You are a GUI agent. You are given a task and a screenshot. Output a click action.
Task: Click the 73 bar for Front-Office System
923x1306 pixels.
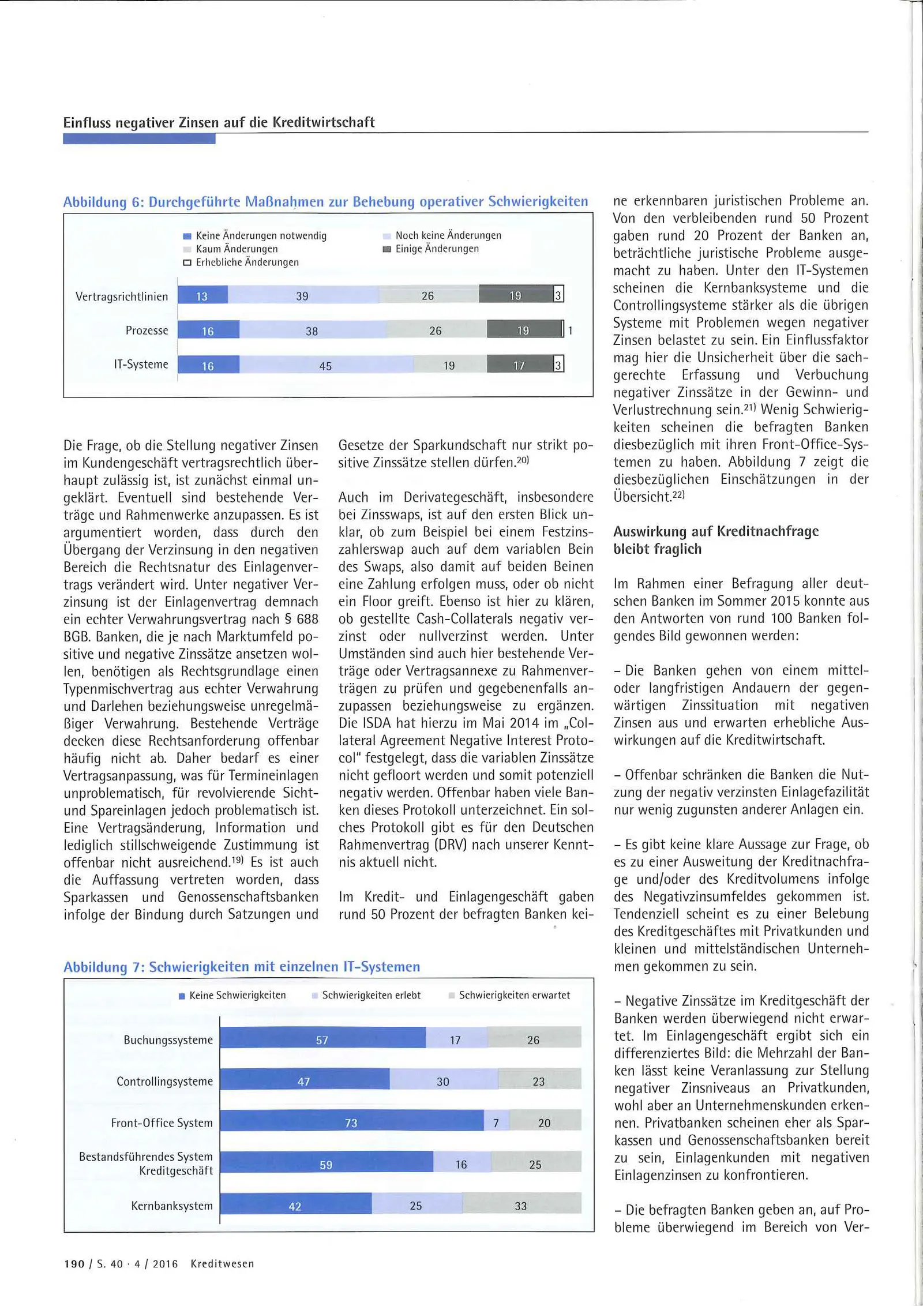(x=351, y=1123)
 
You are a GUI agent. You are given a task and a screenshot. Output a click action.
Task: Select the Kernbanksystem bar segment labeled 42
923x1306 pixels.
(x=295, y=1206)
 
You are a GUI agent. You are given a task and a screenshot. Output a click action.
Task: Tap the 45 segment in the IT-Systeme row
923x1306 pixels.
(x=326, y=366)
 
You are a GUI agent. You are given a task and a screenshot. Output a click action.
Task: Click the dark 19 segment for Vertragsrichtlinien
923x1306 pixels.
(x=515, y=295)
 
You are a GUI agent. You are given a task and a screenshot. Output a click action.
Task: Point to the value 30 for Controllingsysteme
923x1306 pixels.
(x=443, y=1081)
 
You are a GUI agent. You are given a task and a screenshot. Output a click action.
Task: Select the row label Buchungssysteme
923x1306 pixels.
(x=168, y=1039)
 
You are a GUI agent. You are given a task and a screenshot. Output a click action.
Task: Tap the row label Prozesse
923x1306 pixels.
(x=147, y=331)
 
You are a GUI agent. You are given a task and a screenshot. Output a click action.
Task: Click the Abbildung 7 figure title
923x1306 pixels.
(x=242, y=967)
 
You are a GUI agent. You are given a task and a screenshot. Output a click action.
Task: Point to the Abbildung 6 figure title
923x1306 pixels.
(x=325, y=202)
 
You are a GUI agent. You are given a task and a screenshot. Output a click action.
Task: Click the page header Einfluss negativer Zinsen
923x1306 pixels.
(x=219, y=122)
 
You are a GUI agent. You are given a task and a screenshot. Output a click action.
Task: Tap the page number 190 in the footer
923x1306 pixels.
(x=74, y=1264)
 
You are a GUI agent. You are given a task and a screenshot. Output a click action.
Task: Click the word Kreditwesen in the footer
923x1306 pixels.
(x=222, y=1264)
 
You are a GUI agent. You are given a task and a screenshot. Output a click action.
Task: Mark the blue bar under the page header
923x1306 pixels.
(x=139, y=138)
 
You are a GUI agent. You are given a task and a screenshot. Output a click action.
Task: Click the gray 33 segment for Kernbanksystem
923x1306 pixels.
(x=521, y=1206)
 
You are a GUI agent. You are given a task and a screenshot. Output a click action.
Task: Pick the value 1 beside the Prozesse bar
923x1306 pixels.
(x=570, y=331)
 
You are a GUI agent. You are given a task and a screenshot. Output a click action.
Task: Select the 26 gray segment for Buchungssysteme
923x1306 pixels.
(x=533, y=1039)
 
